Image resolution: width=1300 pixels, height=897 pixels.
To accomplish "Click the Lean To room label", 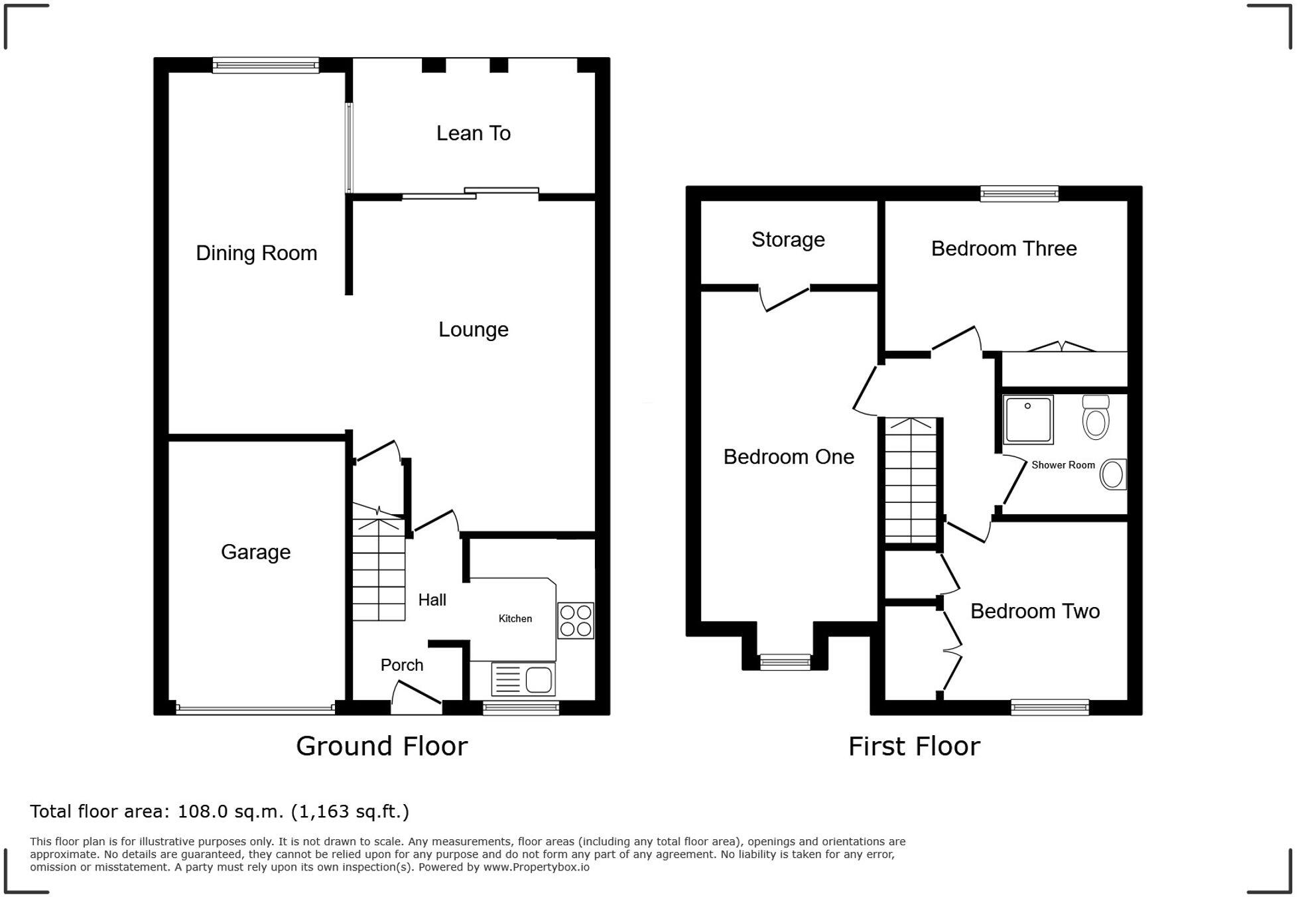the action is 474,133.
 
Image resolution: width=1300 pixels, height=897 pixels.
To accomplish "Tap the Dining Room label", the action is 257,253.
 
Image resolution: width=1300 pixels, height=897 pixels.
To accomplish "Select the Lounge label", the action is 474,330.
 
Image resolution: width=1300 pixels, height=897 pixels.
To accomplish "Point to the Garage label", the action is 256,552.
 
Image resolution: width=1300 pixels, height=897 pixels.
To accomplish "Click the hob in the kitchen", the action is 576,620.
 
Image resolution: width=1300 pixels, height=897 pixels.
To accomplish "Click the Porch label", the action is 402,665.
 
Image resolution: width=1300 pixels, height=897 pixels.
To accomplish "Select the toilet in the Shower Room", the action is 1096,417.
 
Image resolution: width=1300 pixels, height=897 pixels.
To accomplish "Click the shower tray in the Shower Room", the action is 1028,419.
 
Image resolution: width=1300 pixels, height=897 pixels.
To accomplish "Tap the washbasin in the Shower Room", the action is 1113,474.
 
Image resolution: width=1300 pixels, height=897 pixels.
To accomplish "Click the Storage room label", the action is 788,240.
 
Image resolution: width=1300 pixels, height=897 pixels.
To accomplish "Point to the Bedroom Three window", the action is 1019,194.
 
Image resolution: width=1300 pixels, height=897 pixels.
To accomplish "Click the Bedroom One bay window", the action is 785,661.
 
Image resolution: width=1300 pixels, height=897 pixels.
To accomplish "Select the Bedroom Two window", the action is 1050,707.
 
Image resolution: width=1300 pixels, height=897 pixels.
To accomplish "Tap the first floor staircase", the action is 911,480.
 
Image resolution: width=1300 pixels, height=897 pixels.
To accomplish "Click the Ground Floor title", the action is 382,746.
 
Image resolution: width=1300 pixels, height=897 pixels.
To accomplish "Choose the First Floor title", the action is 914,747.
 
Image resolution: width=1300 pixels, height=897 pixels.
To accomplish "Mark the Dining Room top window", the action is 266,65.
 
